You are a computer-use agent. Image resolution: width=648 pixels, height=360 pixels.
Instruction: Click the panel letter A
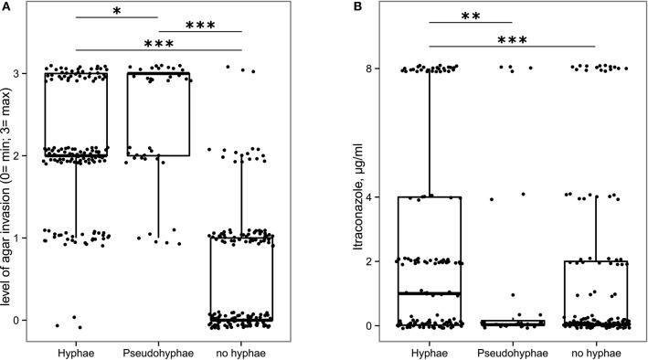pos(6,6)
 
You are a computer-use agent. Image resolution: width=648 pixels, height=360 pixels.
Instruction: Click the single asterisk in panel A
pos(116,11)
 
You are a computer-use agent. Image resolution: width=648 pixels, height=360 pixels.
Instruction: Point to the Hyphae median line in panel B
pos(429,293)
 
